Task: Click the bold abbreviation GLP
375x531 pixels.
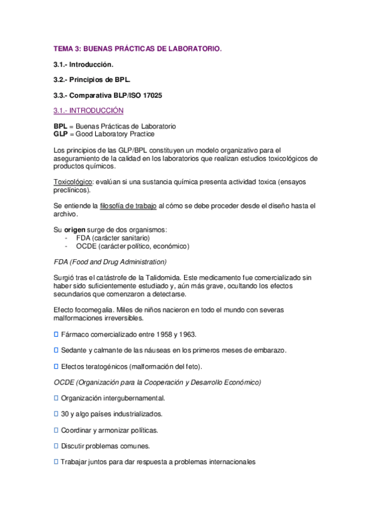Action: pyautogui.click(x=61, y=134)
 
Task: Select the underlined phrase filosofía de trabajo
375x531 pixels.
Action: pyautogui.click(x=128, y=205)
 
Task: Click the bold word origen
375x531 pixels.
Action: pyautogui.click(x=76, y=229)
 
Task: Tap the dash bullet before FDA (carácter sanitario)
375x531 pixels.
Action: pyautogui.click(x=66, y=238)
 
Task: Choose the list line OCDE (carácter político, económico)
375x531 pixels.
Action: pyautogui.click(x=132, y=246)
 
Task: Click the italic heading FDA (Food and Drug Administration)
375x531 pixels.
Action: pyautogui.click(x=110, y=261)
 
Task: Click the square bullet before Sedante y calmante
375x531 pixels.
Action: pyautogui.click(x=56, y=349)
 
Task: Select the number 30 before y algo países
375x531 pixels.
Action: pyautogui.click(x=65, y=414)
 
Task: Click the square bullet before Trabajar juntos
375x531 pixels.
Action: pyautogui.click(x=56, y=462)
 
